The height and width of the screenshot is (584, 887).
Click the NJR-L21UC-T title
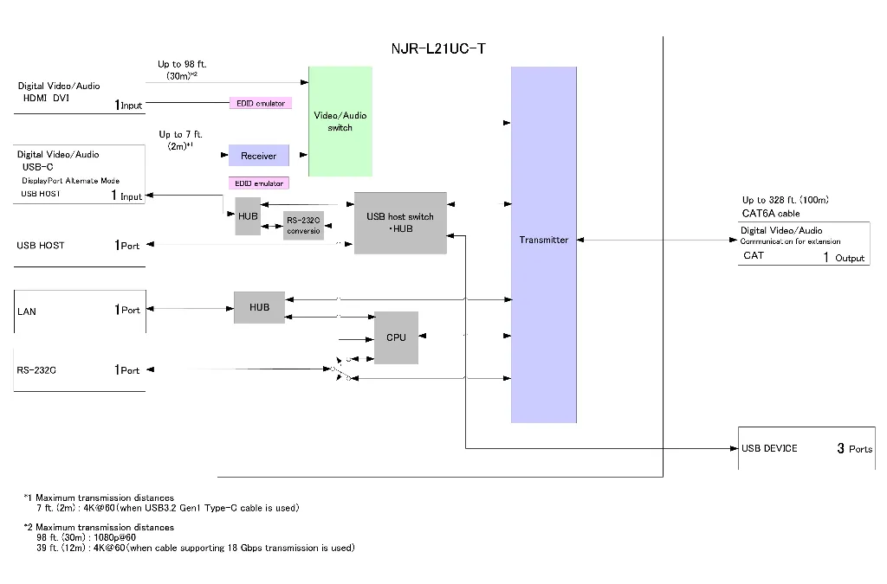tap(438, 48)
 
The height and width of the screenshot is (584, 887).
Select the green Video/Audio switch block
tap(340, 121)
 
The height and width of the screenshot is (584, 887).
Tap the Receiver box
tap(258, 156)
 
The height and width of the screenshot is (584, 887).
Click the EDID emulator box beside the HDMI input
tap(261, 103)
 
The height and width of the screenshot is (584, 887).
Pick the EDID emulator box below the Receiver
tap(259, 183)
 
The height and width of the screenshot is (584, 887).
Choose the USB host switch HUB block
tap(400, 223)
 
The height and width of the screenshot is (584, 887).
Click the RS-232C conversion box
tap(303, 225)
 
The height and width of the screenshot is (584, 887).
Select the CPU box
tap(396, 337)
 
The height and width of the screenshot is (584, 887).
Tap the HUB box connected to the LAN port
tap(260, 308)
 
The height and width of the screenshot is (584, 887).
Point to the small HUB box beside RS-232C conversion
tap(248, 216)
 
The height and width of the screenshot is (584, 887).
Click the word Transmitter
tap(544, 240)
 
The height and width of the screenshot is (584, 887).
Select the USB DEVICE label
tap(769, 448)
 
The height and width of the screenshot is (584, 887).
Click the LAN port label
tap(27, 311)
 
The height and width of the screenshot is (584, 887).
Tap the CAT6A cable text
tap(771, 214)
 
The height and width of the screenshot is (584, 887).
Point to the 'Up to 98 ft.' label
tap(182, 64)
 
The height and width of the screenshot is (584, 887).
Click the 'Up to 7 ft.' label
tap(180, 134)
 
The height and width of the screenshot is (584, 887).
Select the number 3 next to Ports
tap(840, 448)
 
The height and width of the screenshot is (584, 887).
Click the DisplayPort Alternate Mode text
tap(71, 181)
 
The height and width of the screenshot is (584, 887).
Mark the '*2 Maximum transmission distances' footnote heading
tap(99, 528)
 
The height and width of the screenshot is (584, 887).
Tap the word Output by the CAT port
tap(850, 258)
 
